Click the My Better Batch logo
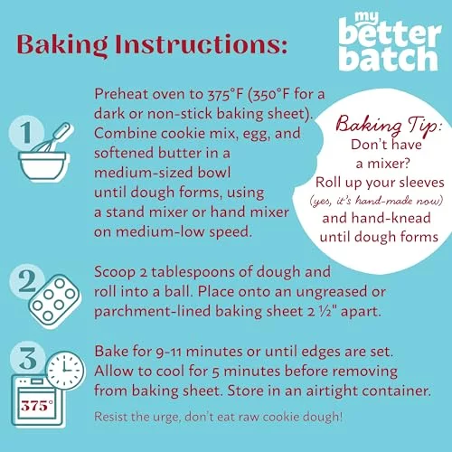[390, 42]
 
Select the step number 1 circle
[27, 133]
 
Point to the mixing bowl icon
[42, 165]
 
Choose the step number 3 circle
[28, 359]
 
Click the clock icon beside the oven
[65, 371]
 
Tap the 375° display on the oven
[37, 406]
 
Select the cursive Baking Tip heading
[389, 125]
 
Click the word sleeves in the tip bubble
[423, 183]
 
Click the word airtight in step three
[332, 391]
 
